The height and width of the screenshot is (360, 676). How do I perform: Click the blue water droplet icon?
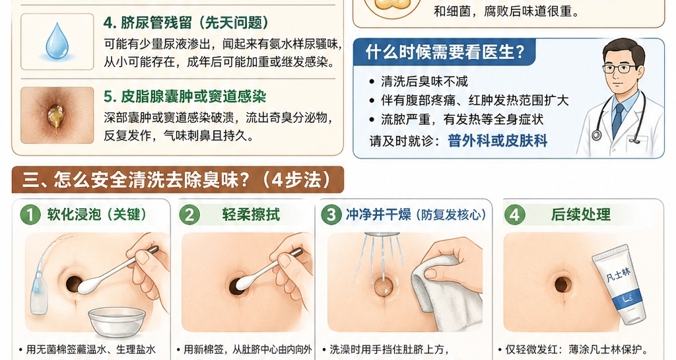[57, 42]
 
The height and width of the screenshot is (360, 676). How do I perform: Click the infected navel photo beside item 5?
[57, 116]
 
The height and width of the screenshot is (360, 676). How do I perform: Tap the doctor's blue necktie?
[618, 119]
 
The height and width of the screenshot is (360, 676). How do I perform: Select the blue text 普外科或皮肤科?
[497, 141]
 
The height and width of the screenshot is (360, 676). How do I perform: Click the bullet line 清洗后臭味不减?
[424, 82]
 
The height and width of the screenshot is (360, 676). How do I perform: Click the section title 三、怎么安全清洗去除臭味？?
[177, 180]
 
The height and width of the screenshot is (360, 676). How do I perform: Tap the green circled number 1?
[30, 215]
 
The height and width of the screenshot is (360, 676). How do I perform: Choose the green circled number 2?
[189, 215]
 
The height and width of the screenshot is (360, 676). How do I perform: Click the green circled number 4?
[515, 215]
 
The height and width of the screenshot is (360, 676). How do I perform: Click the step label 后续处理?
[581, 215]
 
